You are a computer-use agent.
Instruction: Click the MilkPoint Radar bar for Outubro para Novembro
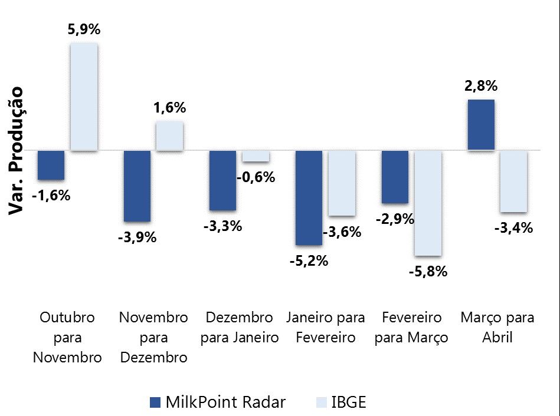coord(51,165)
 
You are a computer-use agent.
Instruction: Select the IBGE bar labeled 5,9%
coord(84,97)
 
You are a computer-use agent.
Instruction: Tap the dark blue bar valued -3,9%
coord(137,186)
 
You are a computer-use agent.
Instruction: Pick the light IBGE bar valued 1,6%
coord(169,136)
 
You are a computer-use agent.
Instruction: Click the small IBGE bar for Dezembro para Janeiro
coord(256,156)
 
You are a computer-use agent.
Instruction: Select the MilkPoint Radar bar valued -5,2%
coord(309,197)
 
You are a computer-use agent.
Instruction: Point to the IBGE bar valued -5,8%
coord(428,203)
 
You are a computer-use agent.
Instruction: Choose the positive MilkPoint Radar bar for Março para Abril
coord(481,125)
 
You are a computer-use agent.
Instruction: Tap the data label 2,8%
coord(481,86)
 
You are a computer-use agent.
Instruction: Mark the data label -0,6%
coord(256,177)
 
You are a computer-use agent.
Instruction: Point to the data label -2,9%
coord(395,219)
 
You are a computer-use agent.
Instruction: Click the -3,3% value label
coord(222,226)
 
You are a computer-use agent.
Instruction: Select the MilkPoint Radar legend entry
coord(218,402)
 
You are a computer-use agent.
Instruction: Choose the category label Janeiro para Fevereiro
coord(326,328)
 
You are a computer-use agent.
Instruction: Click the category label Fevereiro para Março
coord(411,328)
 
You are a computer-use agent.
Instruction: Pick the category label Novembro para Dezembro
coord(153,337)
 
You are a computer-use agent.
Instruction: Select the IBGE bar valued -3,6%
coord(342,183)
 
